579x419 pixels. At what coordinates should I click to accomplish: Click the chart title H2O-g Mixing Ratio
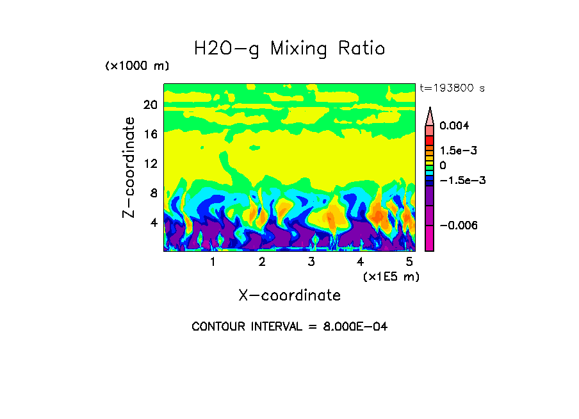coord(289,49)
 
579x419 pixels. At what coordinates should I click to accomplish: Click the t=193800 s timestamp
coord(452,88)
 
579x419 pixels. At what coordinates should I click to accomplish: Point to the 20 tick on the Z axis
coord(150,105)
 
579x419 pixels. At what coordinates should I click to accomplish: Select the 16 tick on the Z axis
coord(150,135)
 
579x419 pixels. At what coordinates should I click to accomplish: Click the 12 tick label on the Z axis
coord(150,164)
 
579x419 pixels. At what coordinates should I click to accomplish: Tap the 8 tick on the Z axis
coord(154,193)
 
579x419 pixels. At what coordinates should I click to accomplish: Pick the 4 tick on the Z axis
coord(154,223)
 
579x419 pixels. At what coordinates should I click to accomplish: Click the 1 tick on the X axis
coord(213,262)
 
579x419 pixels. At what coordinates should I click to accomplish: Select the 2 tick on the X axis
coord(262,262)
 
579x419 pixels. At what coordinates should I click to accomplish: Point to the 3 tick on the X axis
coord(311,262)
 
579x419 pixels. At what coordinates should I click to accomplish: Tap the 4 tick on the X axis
coord(361,262)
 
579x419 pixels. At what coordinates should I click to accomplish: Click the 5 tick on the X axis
coord(409,262)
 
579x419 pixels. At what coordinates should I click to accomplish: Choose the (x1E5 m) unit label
coord(391,277)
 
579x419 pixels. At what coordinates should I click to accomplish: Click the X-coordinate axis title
coord(289,295)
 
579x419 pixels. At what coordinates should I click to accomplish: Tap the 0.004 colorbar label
coord(454,126)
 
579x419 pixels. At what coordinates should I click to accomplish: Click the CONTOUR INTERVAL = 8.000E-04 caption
coord(289,327)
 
